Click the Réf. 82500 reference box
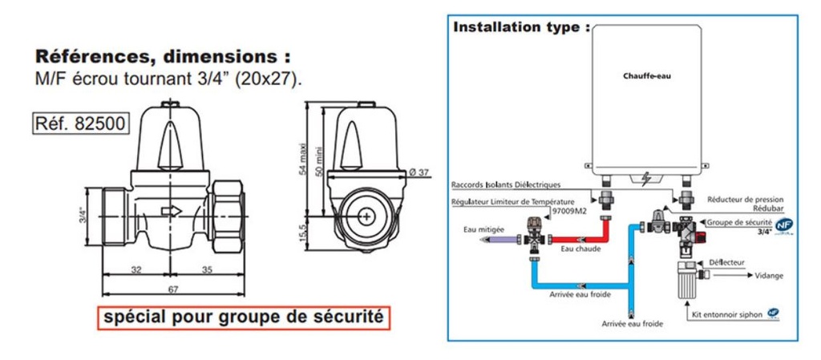(78, 125)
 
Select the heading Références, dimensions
(161, 58)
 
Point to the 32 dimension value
(136, 270)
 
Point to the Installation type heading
(522, 27)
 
